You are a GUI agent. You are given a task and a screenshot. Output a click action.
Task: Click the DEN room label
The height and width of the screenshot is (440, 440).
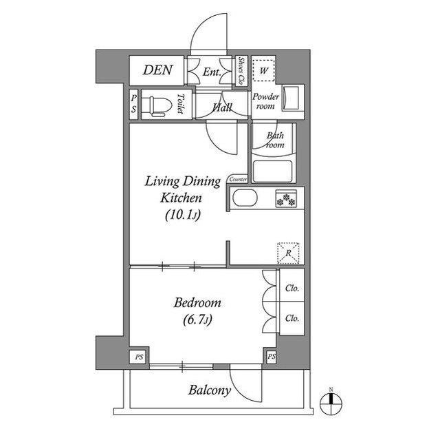(x=157, y=70)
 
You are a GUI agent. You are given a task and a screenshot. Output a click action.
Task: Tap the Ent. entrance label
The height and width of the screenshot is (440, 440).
(x=212, y=72)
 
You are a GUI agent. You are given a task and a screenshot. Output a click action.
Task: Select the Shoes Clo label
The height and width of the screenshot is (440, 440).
(x=241, y=71)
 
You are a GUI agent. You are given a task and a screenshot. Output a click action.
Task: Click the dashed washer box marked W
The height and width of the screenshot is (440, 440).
(x=263, y=70)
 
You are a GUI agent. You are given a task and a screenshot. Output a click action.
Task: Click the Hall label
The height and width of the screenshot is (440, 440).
(x=222, y=107)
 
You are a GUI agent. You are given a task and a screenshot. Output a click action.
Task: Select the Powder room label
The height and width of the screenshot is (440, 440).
(x=265, y=101)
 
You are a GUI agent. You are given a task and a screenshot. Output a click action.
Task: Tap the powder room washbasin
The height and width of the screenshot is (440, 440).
(x=290, y=98)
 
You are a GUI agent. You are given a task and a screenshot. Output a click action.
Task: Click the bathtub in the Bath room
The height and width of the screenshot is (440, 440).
(x=272, y=171)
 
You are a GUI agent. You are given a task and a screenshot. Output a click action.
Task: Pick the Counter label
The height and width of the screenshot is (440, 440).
(x=239, y=179)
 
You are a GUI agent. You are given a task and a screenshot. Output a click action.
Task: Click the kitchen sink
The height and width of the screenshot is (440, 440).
(x=245, y=198)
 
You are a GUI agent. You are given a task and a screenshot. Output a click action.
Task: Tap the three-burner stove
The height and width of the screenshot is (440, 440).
(x=286, y=198)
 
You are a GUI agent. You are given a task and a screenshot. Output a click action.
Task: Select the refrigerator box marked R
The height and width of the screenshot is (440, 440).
(x=288, y=253)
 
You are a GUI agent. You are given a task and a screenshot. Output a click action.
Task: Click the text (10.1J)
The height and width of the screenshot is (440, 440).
(x=183, y=216)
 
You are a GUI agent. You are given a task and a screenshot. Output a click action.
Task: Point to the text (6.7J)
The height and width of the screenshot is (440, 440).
(x=197, y=319)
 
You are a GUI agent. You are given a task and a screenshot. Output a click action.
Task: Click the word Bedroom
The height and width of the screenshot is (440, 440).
(x=197, y=303)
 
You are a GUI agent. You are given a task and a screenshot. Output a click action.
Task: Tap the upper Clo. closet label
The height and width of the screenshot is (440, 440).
(x=291, y=288)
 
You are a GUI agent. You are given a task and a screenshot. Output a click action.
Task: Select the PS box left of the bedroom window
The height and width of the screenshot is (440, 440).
(x=139, y=357)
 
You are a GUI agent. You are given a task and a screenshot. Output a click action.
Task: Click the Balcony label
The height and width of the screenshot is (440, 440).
(x=209, y=390)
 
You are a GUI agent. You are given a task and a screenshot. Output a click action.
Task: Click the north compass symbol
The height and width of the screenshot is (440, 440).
(x=331, y=404)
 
